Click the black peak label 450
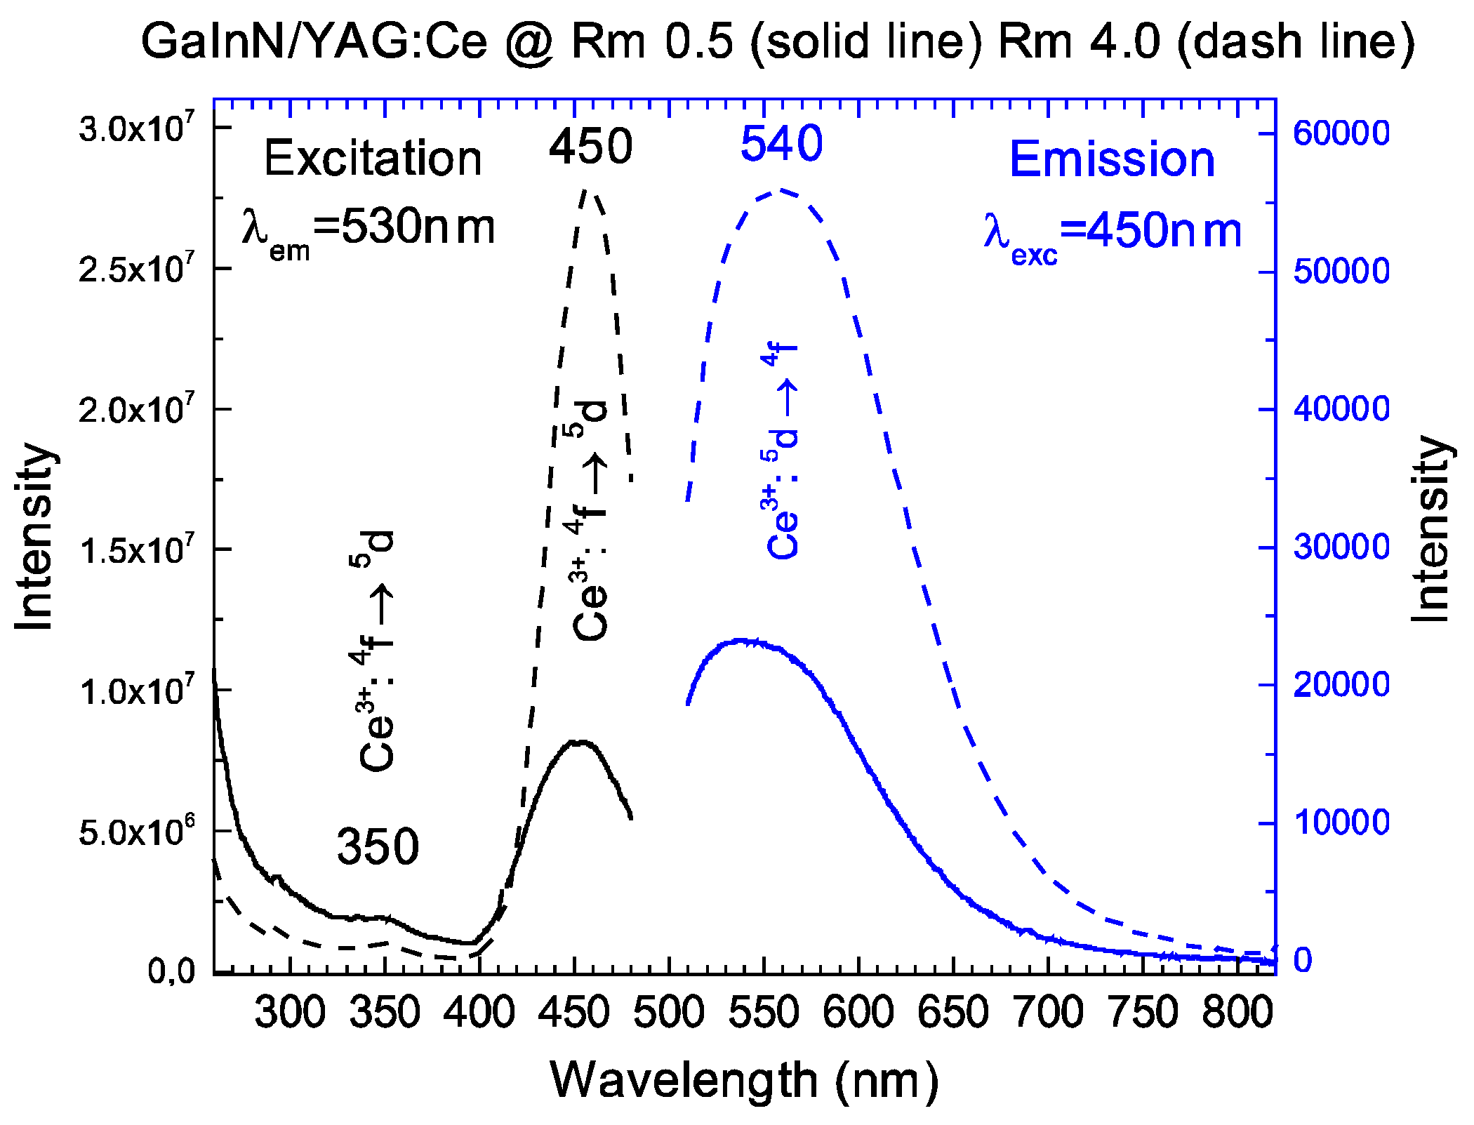(590, 147)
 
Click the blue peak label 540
(781, 144)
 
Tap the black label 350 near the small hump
(378, 846)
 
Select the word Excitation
(373, 159)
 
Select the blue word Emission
(1112, 160)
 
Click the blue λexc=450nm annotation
(1113, 234)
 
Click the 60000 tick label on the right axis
(1341, 133)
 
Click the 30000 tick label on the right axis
(1341, 547)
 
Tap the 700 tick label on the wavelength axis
(1049, 1013)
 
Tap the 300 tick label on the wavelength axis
(290, 1013)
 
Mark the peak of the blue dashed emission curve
(779, 190)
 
